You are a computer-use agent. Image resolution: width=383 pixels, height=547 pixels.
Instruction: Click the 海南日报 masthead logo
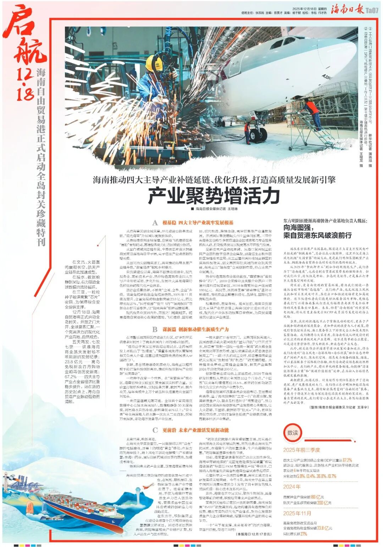pos(347,10)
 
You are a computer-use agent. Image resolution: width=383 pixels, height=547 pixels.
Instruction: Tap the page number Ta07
pos(372,10)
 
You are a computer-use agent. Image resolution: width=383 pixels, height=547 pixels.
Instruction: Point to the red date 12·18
pos(24,83)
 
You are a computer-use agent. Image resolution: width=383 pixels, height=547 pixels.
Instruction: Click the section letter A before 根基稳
pos(155,223)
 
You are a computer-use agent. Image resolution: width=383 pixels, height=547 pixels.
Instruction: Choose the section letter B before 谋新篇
pos(155,330)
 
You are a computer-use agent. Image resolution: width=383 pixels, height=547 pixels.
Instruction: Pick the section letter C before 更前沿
pos(155,430)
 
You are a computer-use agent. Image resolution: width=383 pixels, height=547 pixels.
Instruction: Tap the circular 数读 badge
pos(293,433)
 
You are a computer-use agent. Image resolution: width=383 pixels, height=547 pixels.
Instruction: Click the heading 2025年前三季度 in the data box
pos(301,450)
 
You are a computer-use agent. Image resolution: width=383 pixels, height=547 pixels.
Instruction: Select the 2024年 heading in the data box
pos(292,487)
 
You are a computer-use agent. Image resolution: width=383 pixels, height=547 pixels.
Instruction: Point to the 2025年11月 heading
pos(297,513)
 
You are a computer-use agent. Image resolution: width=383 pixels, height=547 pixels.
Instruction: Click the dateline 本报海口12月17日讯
pos(254,534)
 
